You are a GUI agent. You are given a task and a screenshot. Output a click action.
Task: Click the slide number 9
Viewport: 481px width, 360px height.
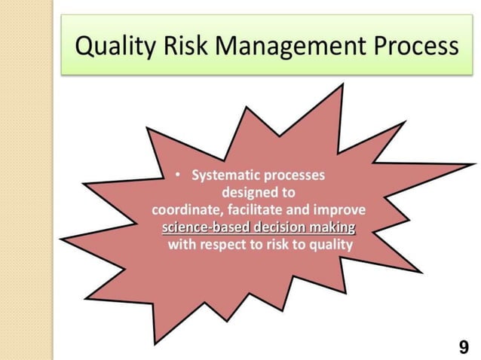[463, 346]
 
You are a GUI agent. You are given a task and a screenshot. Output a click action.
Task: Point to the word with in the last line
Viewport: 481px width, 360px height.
[181, 245]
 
